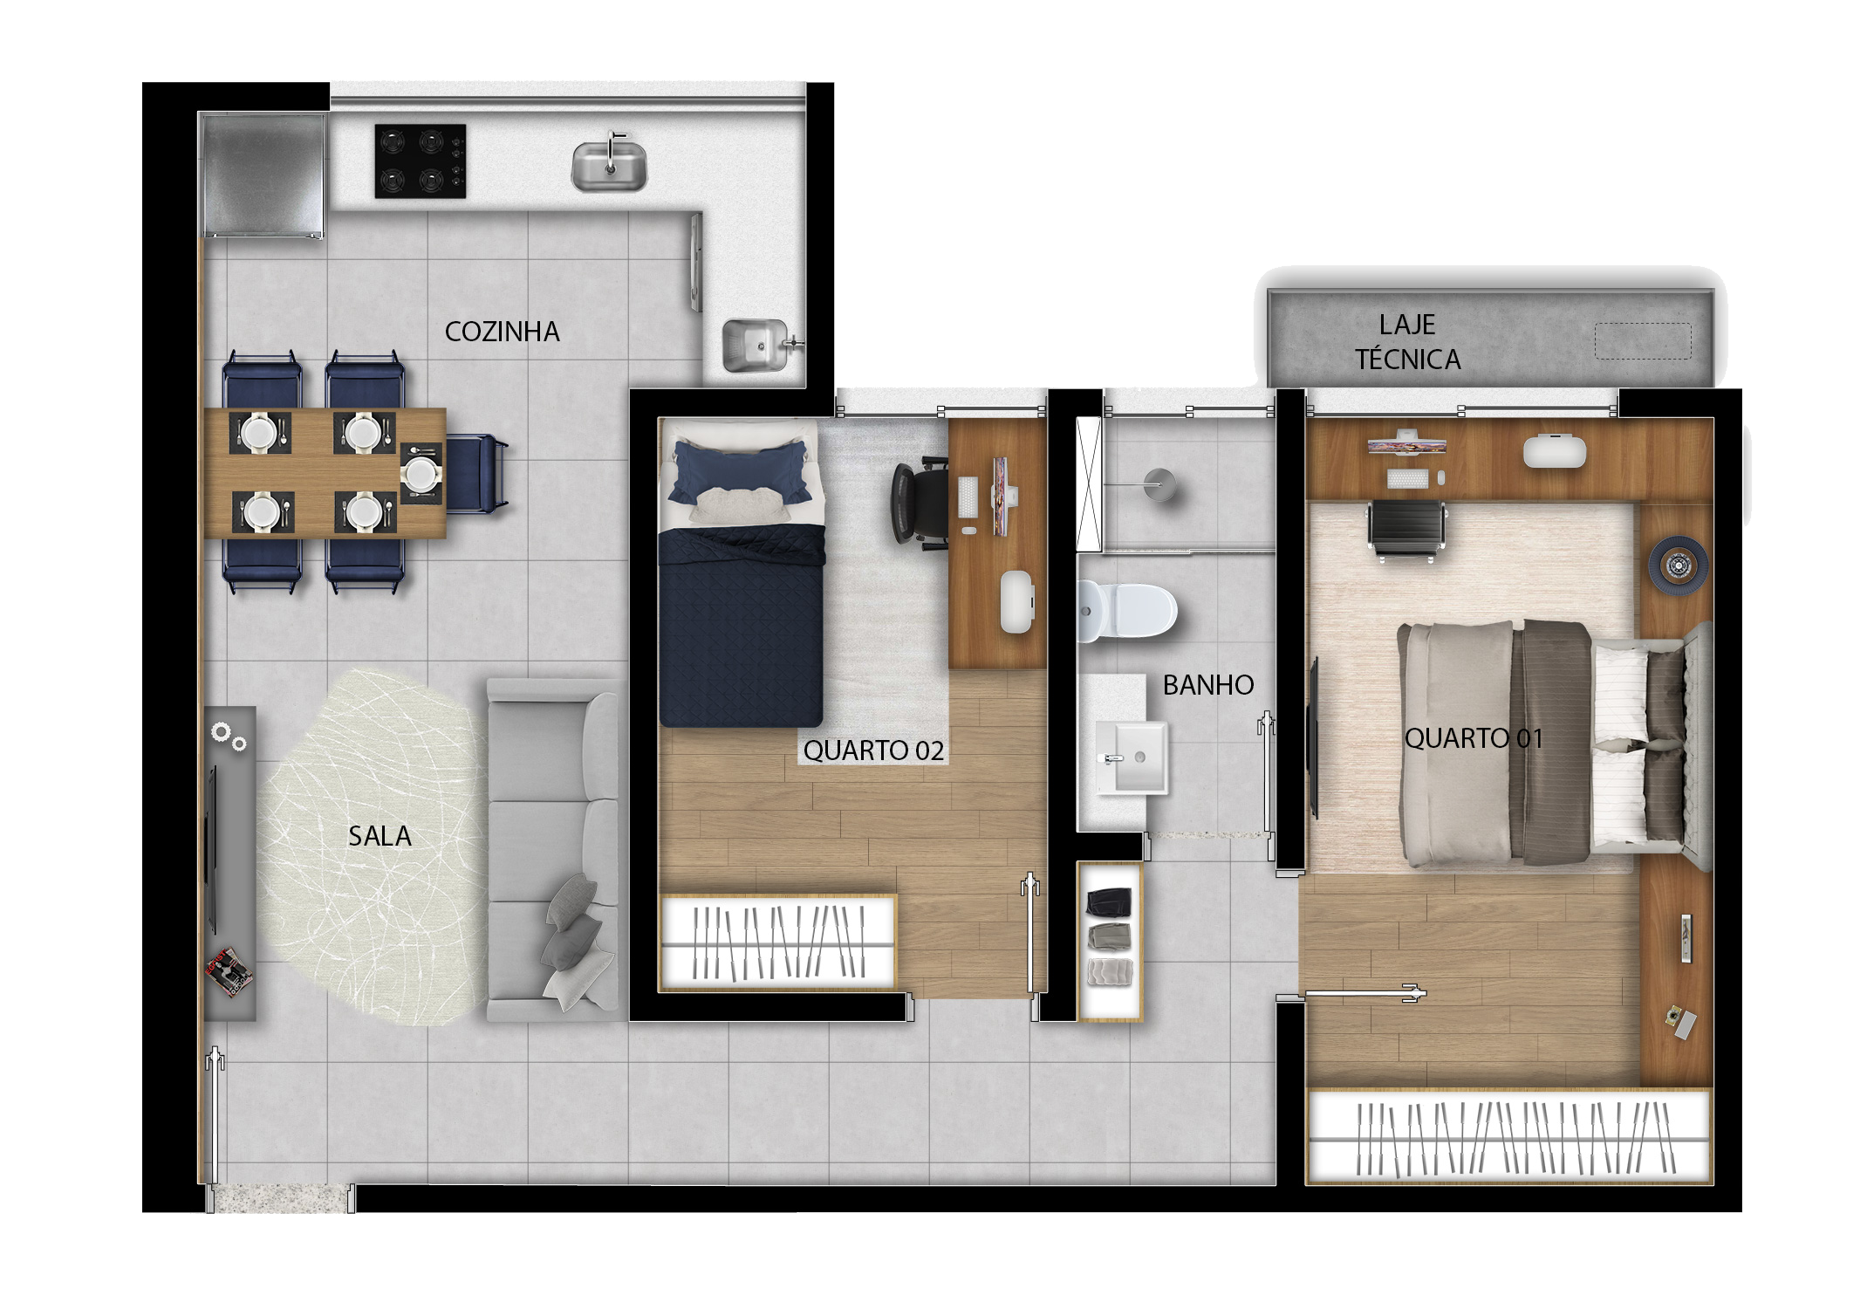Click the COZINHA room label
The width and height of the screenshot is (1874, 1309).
tap(502, 332)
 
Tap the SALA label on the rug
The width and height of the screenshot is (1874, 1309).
tap(380, 836)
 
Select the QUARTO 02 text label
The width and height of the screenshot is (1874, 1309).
tap(873, 750)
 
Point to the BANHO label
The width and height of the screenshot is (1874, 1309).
tap(1208, 685)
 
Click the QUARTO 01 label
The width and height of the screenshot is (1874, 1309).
tap(1474, 738)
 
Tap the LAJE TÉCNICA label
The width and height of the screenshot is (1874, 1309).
tap(1407, 342)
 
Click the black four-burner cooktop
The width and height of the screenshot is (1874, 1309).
tap(421, 161)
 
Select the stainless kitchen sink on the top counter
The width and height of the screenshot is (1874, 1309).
tap(610, 165)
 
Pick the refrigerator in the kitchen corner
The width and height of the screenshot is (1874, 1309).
tap(264, 175)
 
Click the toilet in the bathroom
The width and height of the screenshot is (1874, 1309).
tap(1127, 610)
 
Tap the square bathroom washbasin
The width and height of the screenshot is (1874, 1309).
tap(1132, 757)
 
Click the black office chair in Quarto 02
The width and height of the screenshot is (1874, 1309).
tap(920, 504)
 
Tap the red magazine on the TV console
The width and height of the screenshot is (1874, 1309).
tap(229, 971)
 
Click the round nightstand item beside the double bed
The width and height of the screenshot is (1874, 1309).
tap(1677, 566)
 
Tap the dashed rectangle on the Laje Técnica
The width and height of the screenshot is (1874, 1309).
tap(1643, 341)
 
